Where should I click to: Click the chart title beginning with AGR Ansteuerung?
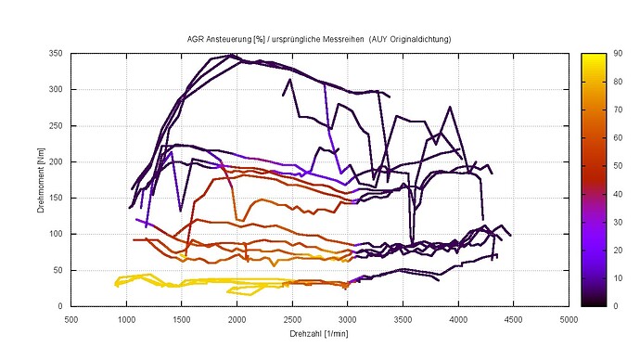pos(320,40)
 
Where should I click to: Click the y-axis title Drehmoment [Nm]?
pos(42,180)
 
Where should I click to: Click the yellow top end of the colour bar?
pos(595,58)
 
